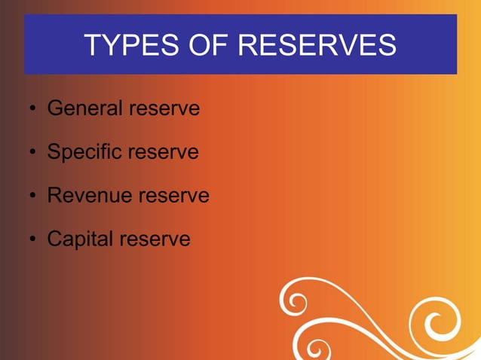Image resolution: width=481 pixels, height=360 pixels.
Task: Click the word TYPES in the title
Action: click(x=124, y=46)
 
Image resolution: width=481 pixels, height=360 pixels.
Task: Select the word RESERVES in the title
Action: click(x=317, y=46)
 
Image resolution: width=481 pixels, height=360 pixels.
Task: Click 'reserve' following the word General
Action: click(x=164, y=109)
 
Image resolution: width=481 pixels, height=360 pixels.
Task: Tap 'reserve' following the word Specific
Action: click(x=163, y=153)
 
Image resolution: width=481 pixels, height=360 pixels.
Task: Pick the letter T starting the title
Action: click(x=92, y=46)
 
